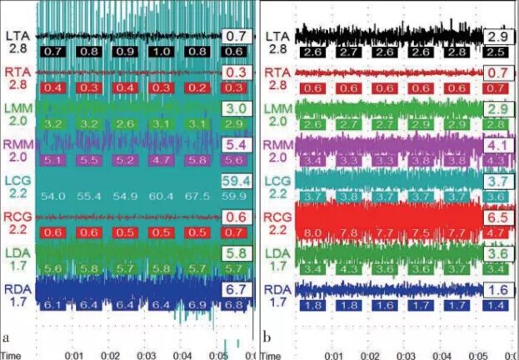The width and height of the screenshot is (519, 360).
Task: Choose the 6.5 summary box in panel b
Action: [x=497, y=217]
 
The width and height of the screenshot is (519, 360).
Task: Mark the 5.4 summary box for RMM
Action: [x=236, y=143]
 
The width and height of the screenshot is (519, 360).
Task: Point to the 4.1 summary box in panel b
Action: [x=497, y=143]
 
